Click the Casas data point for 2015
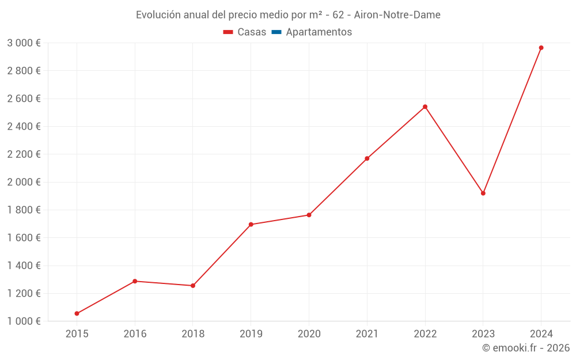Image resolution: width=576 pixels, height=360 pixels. click(77, 313)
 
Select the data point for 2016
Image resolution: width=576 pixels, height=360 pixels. click(135, 281)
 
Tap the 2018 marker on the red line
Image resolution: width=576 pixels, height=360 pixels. click(193, 286)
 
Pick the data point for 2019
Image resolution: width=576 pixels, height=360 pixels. click(251, 225)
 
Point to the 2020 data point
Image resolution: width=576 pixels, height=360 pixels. click(309, 215)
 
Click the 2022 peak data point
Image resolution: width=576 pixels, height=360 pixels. click(425, 107)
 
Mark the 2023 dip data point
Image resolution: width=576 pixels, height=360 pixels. click(483, 193)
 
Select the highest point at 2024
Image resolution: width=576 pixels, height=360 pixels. click(541, 48)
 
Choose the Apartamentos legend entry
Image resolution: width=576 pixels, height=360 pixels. click(319, 32)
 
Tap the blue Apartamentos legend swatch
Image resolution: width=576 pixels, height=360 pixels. click(276, 32)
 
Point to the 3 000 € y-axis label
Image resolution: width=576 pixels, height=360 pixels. click(24, 43)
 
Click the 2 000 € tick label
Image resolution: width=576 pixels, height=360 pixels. click(24, 182)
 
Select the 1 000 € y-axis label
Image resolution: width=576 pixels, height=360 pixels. click(24, 321)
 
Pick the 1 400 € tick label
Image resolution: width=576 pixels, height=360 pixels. click(24, 266)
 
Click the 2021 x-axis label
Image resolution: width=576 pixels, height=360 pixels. click(367, 334)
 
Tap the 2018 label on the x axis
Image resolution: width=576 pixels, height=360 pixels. click(193, 334)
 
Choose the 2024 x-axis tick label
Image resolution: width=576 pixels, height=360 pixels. click(541, 334)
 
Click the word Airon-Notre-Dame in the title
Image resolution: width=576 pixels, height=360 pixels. click(397, 15)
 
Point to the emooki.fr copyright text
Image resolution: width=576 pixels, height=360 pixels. click(526, 348)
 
